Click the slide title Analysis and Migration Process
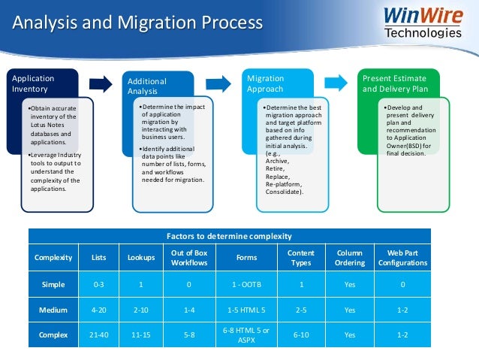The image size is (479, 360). coord(138,23)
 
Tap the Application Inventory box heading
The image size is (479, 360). coord(34,83)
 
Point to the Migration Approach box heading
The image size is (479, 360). coord(266,83)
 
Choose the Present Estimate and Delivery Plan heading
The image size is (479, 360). coord(394,83)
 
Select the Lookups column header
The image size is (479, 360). coord(140,258)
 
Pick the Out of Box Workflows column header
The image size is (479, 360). coord(188,258)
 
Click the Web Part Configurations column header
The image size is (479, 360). coord(402,258)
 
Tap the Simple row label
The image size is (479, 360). coord(53,285)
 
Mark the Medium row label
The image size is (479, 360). coord(53,310)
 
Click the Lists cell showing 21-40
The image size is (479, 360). coord(98,335)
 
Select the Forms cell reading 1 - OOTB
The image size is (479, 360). coord(246,285)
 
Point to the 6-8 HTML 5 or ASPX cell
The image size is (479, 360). coord(246,335)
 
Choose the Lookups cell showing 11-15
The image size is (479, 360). coord(140,335)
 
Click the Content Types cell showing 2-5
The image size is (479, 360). coord(301,310)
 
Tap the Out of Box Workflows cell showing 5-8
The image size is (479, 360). coord(188,335)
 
